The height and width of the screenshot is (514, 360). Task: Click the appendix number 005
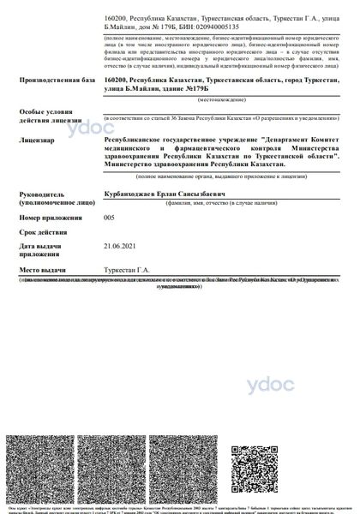tap(109, 218)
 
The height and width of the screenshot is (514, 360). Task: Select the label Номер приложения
tap(47, 218)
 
